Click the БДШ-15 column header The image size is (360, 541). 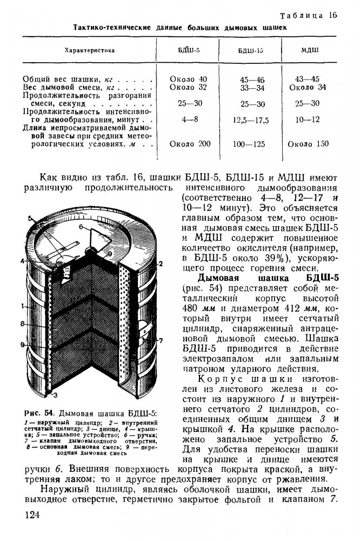[251, 50]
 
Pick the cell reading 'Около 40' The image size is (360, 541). [188, 79]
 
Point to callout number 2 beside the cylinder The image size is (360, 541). [161, 263]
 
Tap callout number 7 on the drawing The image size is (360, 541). [161, 340]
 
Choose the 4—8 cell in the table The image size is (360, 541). [188, 118]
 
